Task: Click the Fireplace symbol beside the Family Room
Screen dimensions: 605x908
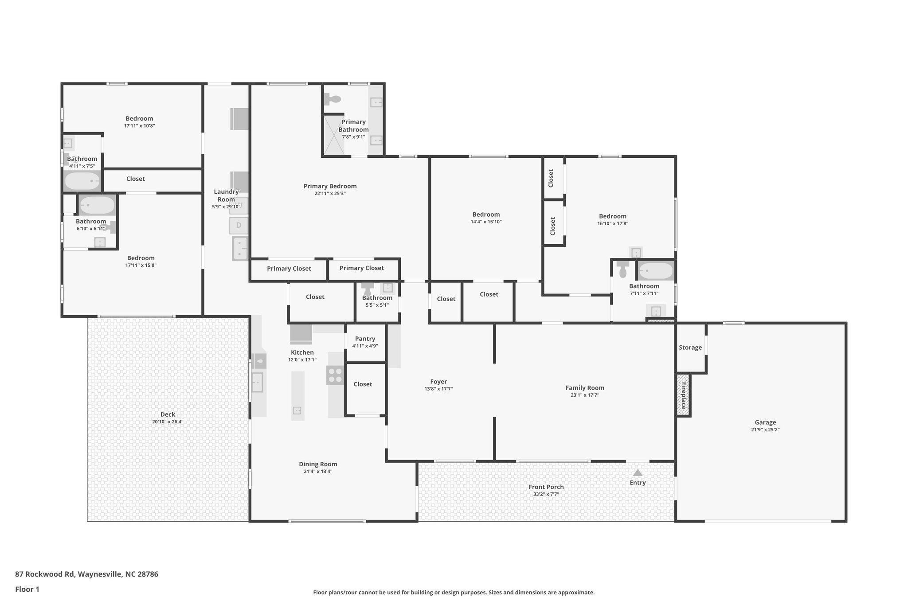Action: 683,395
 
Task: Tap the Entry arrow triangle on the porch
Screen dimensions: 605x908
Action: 638,472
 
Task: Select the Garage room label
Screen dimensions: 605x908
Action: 765,422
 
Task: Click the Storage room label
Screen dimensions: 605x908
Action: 690,347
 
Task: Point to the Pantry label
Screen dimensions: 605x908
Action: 365,339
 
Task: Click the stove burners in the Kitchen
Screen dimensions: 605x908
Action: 335,375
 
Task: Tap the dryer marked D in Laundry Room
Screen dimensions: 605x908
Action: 239,226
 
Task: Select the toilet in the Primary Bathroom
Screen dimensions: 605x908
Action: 332,99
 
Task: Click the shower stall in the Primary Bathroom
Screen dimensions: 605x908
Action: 333,135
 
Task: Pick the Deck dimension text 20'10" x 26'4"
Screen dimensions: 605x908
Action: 168,422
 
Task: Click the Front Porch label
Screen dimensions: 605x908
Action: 546,487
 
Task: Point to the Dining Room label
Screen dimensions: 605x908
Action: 318,464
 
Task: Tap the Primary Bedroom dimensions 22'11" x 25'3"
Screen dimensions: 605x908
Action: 330,193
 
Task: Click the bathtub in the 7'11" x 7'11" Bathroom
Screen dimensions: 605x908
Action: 655,270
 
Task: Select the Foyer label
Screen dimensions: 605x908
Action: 438,382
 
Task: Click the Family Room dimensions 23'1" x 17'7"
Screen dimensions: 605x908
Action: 585,395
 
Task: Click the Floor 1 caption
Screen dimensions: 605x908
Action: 27,589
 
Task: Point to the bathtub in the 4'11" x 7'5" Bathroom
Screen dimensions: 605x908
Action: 82,181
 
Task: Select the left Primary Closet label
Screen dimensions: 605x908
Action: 289,269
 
